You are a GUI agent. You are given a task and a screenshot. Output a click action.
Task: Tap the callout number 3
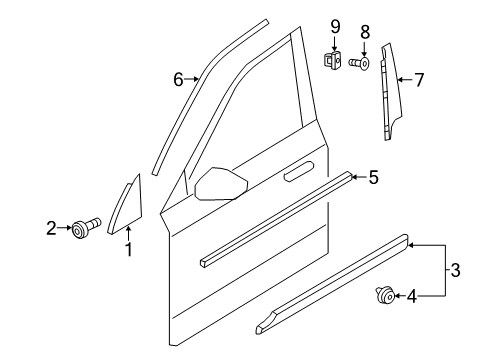point(457,270)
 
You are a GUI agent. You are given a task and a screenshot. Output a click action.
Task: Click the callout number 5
point(372,178)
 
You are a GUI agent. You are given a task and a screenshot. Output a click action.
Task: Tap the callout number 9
point(335,24)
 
